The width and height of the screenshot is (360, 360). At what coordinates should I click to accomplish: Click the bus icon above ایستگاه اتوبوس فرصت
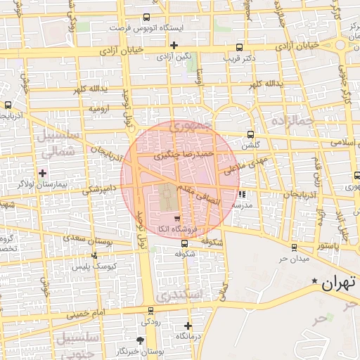(x=146, y=18)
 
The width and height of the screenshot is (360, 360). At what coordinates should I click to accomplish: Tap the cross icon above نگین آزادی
(x=174, y=45)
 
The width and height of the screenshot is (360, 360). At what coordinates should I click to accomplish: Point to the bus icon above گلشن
(x=251, y=135)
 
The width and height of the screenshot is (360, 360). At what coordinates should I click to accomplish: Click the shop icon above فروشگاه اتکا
(x=176, y=219)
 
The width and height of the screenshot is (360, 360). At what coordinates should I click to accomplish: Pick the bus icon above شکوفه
(x=184, y=244)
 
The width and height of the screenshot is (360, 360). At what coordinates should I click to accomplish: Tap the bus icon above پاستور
(x=294, y=247)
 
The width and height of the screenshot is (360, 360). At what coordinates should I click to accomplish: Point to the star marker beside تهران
(x=314, y=281)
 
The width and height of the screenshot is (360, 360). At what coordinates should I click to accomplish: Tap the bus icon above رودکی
(x=150, y=310)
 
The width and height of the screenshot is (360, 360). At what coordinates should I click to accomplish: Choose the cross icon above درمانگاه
(x=188, y=326)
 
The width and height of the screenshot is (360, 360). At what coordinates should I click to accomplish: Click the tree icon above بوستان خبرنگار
(x=141, y=340)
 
